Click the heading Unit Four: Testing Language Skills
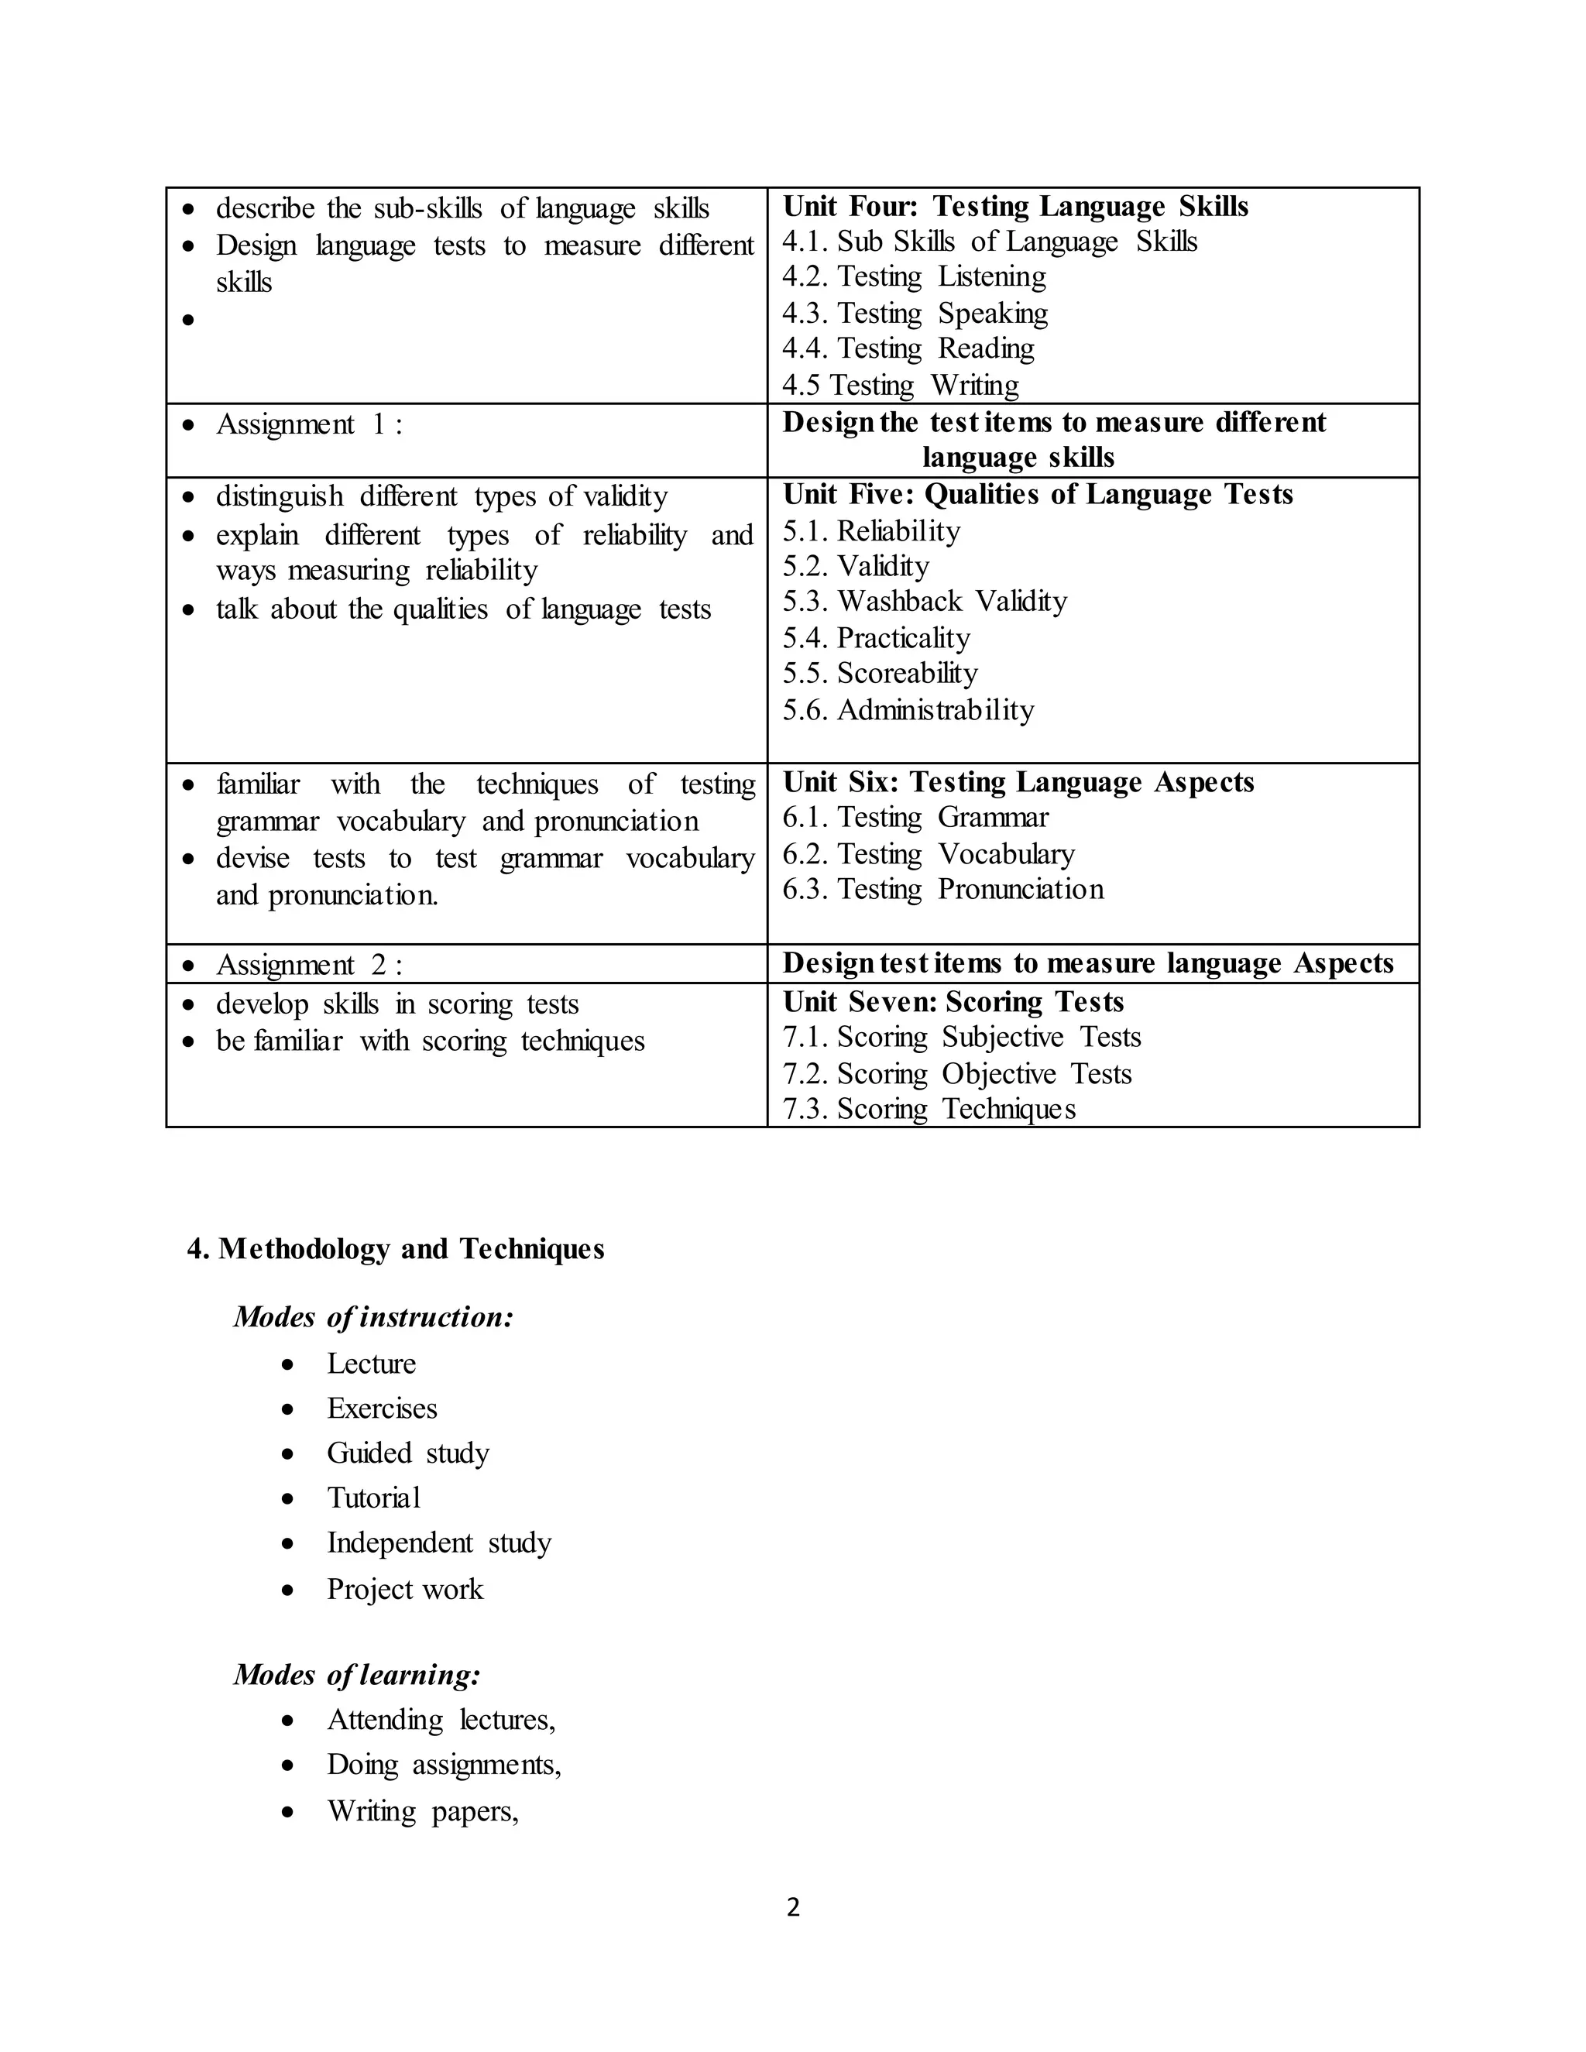coord(1014,206)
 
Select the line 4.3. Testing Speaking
coord(915,313)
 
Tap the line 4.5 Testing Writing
coord(900,385)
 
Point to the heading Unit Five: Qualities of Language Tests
coord(1037,494)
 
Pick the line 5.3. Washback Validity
coord(925,602)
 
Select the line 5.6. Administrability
coord(908,709)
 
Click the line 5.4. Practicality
coord(876,638)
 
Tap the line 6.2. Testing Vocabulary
coord(929,853)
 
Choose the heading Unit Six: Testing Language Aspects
coord(1018,782)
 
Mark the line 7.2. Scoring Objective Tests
coord(956,1073)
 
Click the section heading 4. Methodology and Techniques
coord(396,1249)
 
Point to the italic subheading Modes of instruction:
coord(373,1317)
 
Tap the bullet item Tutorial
coord(373,1498)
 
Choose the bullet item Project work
coord(404,1589)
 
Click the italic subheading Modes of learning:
coord(357,1674)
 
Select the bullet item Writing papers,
coord(422,1810)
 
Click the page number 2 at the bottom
coord(793,1907)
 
